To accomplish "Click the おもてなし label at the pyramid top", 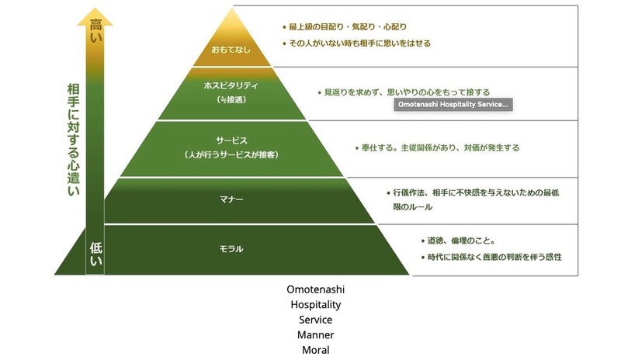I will (x=231, y=49).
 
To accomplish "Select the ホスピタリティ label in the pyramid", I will (x=231, y=86).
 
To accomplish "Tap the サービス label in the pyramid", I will (x=231, y=140).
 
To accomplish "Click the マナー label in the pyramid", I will (x=231, y=200).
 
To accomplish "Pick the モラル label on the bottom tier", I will (x=231, y=249).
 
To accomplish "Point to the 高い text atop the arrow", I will (x=96, y=29).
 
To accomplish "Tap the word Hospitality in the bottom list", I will (x=315, y=305).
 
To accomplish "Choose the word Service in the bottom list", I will (x=315, y=320).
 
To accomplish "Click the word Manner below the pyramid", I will (x=315, y=334).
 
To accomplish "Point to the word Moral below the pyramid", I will (x=315, y=350).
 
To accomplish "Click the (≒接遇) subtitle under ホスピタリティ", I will (x=231, y=101).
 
